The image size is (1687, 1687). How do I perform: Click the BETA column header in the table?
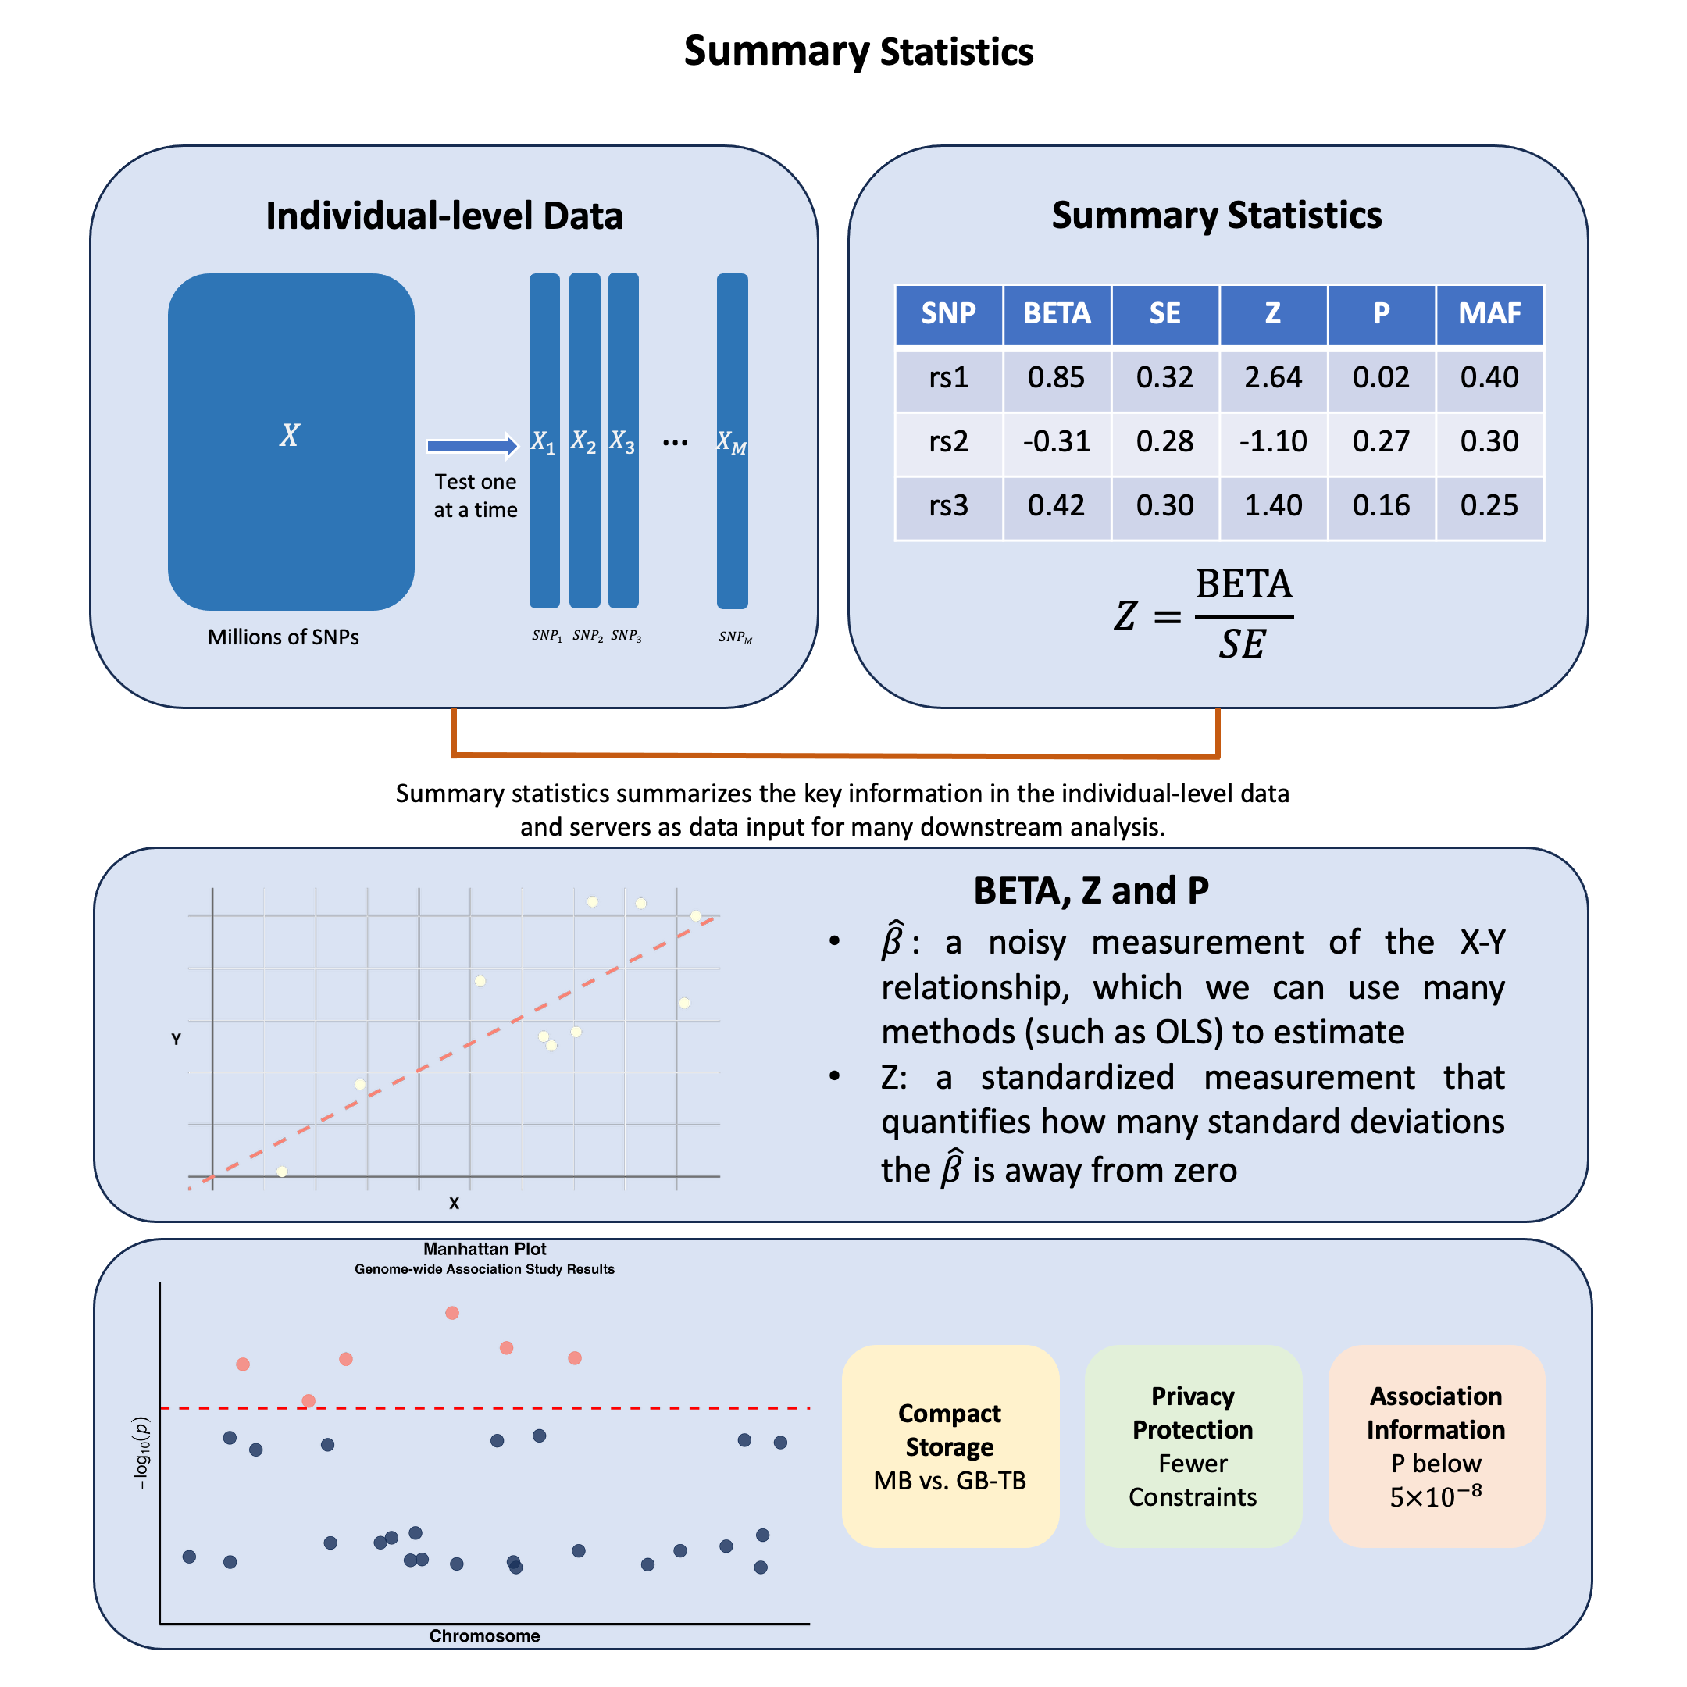1057,313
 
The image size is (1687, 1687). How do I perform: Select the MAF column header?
1489,313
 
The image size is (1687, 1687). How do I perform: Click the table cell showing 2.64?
1272,377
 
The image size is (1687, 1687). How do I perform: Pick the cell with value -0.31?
1057,442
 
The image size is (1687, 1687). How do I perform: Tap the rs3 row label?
948,505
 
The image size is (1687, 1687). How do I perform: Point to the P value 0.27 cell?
1381,442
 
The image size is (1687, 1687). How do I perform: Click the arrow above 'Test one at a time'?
473,446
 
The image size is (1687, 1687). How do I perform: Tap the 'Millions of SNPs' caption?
283,637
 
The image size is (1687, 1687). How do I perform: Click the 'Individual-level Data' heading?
444,216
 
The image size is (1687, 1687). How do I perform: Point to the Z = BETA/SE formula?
1204,615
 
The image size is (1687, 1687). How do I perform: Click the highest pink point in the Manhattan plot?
452,1313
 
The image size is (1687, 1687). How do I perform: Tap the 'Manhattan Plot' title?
484,1250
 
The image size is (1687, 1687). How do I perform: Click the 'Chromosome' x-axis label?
484,1636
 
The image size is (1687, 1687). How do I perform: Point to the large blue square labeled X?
291,441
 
